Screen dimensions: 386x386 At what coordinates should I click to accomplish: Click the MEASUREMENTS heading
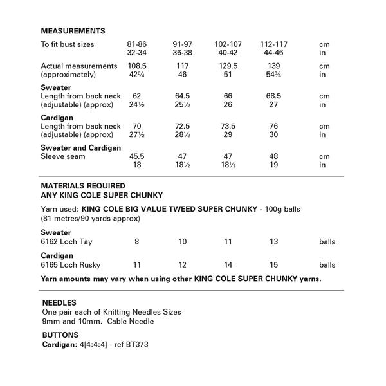pos(73,31)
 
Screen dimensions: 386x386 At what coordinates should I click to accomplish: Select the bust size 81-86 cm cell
pos(136,44)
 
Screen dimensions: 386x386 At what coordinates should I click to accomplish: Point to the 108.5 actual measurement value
pos(136,66)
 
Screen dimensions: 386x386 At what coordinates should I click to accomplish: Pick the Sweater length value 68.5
pos(273,96)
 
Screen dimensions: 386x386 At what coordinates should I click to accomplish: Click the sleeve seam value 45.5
pos(136,156)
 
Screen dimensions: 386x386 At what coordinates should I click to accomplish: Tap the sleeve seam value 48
pos(273,156)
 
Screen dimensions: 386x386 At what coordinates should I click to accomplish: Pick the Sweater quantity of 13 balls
pos(273,241)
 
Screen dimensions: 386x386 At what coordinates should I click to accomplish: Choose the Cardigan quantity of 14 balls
pos(227,265)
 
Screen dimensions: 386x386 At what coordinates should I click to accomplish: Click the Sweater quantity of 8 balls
pos(136,241)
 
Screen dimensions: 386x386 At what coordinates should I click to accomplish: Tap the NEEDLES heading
pos(59,302)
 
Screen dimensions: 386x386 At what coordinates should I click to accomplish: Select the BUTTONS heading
pos(60,335)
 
